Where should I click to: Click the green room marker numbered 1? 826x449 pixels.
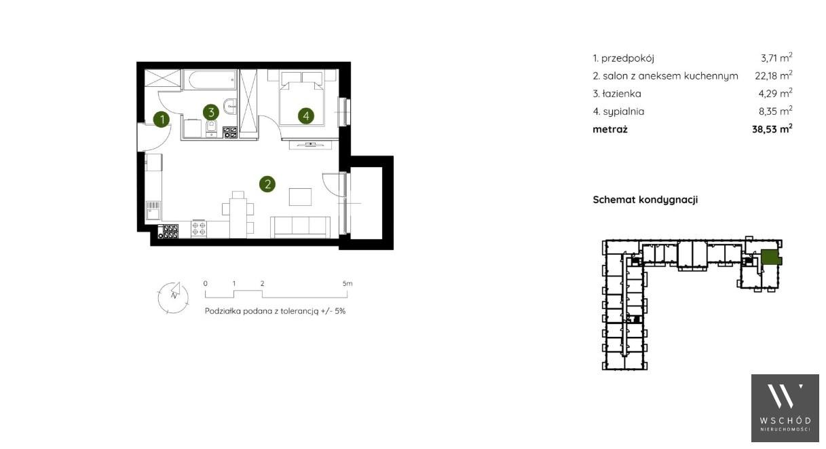tap(161, 119)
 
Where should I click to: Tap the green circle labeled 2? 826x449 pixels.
tap(267, 183)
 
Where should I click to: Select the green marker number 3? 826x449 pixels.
tap(211, 112)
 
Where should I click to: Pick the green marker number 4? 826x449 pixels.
tap(306, 116)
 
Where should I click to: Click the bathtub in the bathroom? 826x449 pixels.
tap(210, 79)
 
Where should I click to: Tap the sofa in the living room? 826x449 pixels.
tap(300, 227)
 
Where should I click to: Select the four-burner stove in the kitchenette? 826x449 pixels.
tap(198, 228)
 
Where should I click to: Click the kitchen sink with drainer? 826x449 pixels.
tap(153, 210)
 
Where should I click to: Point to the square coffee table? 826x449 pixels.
tap(300, 196)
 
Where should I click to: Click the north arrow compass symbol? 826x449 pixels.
tap(173, 297)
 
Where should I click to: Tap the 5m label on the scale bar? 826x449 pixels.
tap(348, 283)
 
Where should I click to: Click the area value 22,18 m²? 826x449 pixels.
tap(774, 75)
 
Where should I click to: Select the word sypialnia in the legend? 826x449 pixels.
tap(624, 111)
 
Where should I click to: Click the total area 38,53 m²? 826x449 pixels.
tap(772, 129)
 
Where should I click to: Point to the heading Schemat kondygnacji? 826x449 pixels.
tap(645, 200)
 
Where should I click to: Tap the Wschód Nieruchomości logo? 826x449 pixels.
tap(785, 408)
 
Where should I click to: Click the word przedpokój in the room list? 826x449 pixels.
tap(628, 58)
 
